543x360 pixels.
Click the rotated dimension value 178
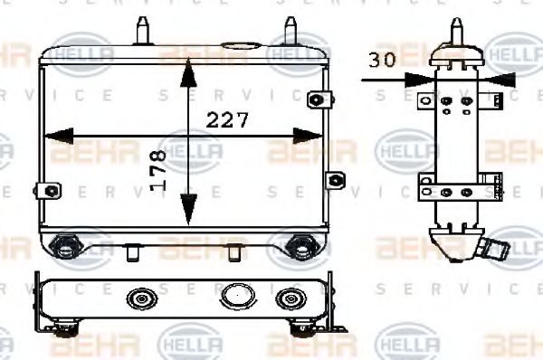[x=160, y=168]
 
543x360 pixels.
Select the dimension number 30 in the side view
[x=384, y=62]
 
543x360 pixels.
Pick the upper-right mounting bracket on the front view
[x=317, y=99]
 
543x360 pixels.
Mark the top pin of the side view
[x=454, y=32]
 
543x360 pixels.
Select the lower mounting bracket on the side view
[x=457, y=191]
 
